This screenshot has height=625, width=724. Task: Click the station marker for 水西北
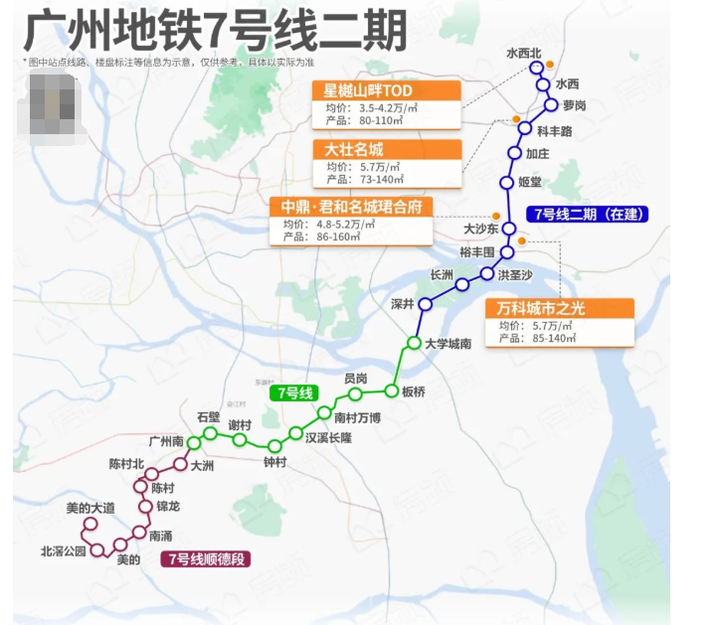(536, 68)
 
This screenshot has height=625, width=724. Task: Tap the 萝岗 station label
(574, 105)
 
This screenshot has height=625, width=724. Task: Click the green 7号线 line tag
(294, 392)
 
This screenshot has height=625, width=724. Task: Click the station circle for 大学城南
(415, 343)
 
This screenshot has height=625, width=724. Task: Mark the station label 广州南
(165, 441)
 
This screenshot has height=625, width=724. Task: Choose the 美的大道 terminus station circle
(89, 524)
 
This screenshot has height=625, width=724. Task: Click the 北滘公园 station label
(64, 549)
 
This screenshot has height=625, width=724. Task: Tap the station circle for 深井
(425, 304)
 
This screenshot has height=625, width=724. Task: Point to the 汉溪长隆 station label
(327, 437)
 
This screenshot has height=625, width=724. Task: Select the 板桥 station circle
(392, 391)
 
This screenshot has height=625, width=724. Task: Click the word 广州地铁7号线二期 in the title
(215, 31)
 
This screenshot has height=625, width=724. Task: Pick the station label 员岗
(355, 379)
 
